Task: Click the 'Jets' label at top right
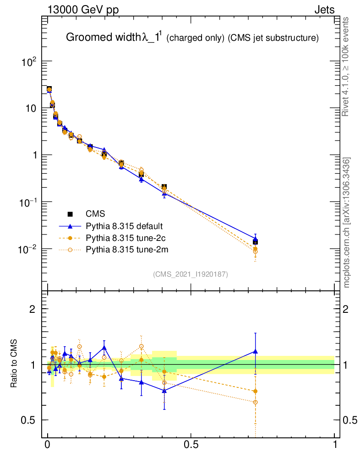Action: (324, 10)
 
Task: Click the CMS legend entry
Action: (95, 214)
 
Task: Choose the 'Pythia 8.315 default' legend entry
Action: (124, 226)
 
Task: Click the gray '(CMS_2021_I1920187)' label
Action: (191, 274)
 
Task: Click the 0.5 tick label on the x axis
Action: (191, 445)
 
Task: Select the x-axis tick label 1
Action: (335, 445)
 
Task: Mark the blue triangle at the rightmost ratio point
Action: (255, 351)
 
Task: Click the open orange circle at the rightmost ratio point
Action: (255, 402)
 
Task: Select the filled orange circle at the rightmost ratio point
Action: (255, 391)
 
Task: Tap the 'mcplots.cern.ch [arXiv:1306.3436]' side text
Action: (347, 223)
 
